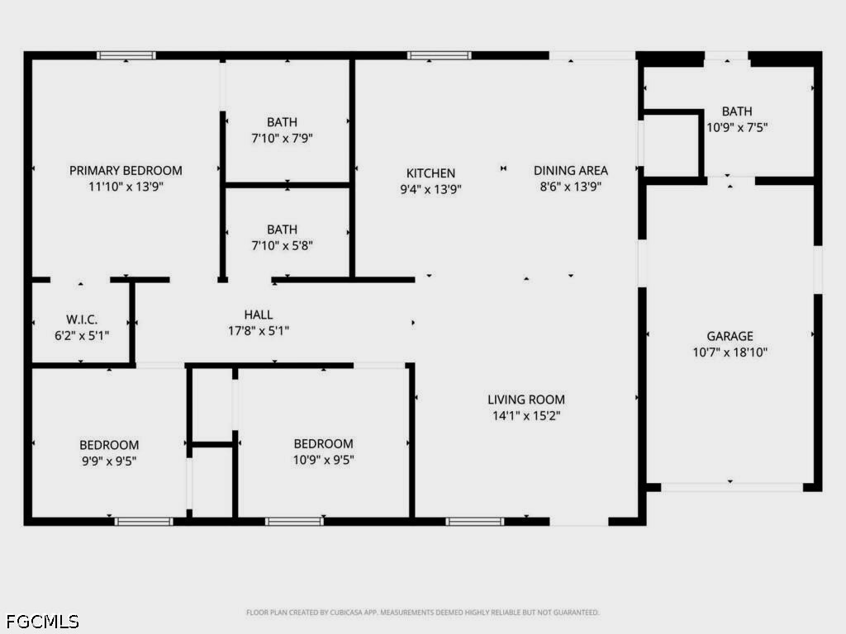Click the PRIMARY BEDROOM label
click(x=126, y=170)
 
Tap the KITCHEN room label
click(x=430, y=173)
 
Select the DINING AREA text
click(x=571, y=170)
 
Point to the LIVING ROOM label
click(x=526, y=400)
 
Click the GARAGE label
click(x=730, y=336)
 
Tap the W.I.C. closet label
click(x=82, y=319)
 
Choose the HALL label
click(x=259, y=315)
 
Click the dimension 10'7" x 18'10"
click(x=730, y=352)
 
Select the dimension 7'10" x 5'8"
click(x=283, y=245)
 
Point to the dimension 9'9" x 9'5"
click(x=109, y=461)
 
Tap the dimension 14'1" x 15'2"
click(x=526, y=416)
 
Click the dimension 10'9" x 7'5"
click(x=737, y=127)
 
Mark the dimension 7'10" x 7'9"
click(x=283, y=138)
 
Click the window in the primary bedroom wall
click(x=126, y=55)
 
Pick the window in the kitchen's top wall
click(x=440, y=55)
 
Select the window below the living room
click(x=475, y=522)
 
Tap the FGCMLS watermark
click(x=43, y=621)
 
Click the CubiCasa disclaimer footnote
click(x=422, y=613)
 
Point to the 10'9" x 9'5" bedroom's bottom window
click(x=294, y=522)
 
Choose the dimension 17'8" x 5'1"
click(x=259, y=330)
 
